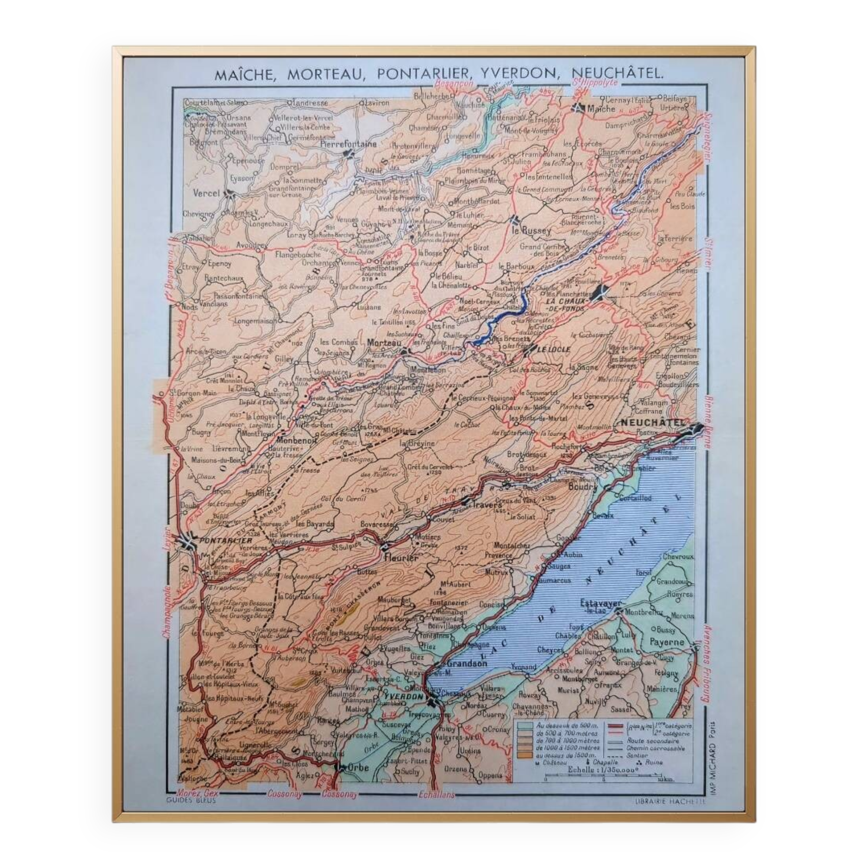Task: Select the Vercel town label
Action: (206, 194)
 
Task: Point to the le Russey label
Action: (532, 230)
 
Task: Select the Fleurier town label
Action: (401, 558)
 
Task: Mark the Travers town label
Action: (487, 505)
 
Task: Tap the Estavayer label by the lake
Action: (600, 603)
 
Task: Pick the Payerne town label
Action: (667, 642)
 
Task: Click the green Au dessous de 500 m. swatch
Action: (524, 726)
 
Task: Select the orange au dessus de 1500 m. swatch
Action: (524, 756)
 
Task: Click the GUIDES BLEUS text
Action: (191, 800)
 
